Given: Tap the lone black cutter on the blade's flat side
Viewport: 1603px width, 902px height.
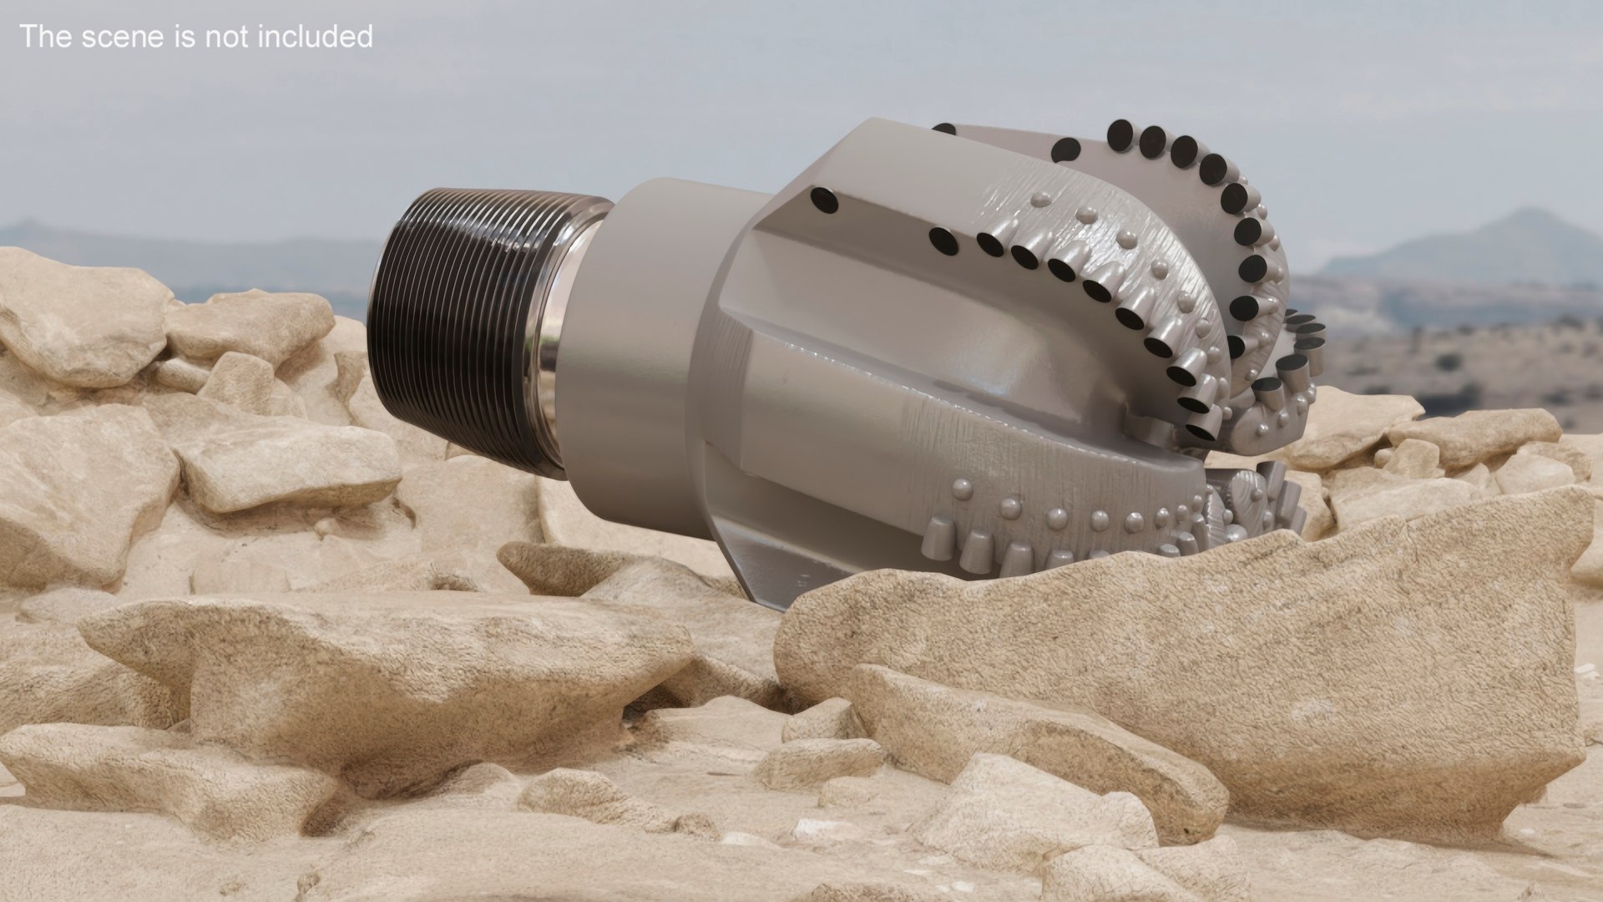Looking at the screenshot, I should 825,200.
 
